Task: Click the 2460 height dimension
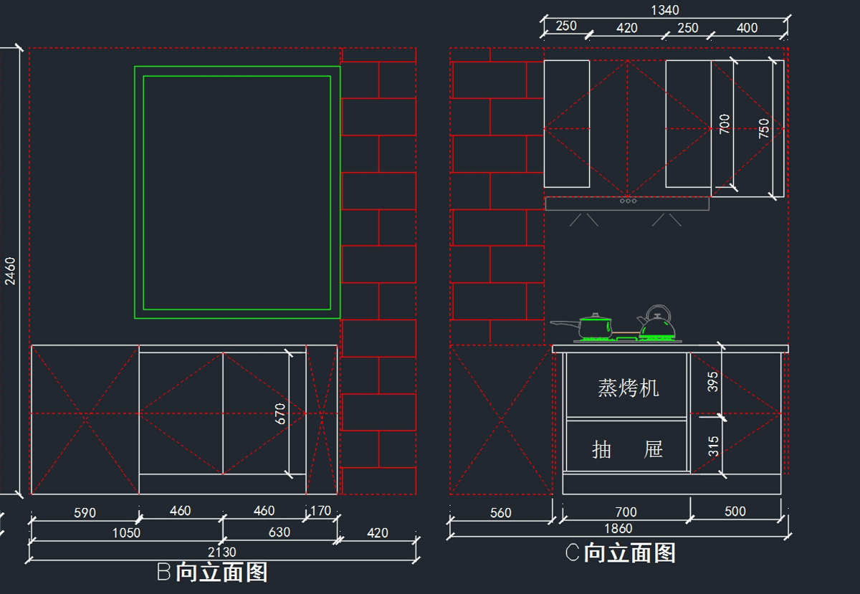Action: (x=9, y=271)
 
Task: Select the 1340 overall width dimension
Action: (x=664, y=10)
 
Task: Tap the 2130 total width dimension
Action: (x=222, y=552)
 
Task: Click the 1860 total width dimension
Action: (x=618, y=529)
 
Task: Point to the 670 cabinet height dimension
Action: (x=280, y=413)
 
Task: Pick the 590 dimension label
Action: (x=85, y=512)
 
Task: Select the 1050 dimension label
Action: (x=126, y=532)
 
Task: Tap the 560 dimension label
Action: (x=500, y=512)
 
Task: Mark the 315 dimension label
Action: (x=713, y=447)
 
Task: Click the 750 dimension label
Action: (x=764, y=128)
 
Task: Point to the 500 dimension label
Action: (x=735, y=512)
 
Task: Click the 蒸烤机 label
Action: (x=628, y=388)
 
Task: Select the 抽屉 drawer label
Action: (x=628, y=450)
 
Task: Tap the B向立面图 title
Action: (x=212, y=572)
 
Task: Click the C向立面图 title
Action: (x=621, y=552)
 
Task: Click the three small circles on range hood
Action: (x=628, y=201)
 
